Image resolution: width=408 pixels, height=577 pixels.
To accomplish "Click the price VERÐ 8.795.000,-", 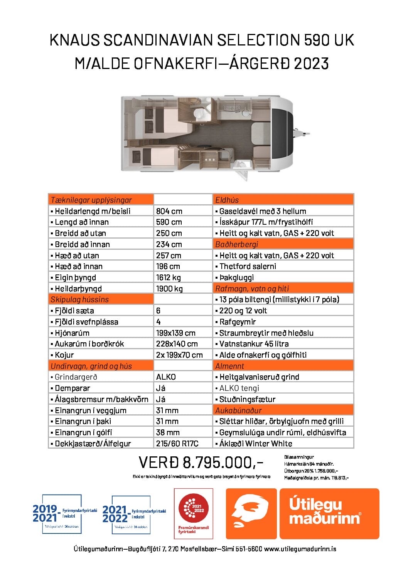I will pos(201,462).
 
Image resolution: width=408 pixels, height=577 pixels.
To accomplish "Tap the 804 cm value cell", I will pos(169,211).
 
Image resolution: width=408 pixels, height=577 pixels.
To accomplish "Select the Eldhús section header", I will pos(227,200).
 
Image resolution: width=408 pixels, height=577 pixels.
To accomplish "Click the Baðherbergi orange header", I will pos(236,244).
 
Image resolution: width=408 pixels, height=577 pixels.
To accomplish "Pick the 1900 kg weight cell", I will pos(169,288).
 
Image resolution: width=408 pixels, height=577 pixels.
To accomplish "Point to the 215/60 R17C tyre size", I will pos(177,443).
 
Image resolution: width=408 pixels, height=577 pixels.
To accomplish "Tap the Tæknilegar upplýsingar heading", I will pos(91,200).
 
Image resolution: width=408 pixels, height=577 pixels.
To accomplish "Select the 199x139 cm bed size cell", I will pos(175,333).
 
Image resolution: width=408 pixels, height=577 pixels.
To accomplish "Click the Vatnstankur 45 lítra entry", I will pos(254,343).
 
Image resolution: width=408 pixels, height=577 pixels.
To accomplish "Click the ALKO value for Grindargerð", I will pos(166,377).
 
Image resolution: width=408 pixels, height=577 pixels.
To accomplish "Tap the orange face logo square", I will pos(251,513).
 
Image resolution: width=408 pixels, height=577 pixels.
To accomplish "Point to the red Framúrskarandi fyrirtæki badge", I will pos(194,513).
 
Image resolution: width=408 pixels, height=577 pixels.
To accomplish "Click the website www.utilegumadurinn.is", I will pos(300,549).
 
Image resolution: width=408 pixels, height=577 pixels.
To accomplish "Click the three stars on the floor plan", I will pos(210,160).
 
